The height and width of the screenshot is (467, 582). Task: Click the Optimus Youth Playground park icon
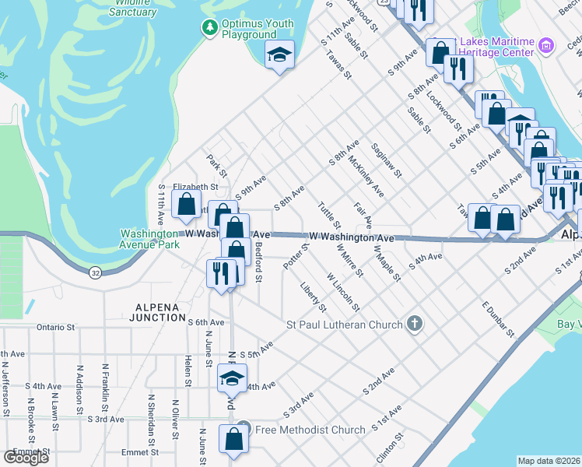tap(209, 28)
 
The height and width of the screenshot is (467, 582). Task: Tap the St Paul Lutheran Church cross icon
tap(415, 324)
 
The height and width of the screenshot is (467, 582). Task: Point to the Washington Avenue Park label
tap(149, 239)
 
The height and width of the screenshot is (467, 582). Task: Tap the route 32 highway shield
tap(95, 273)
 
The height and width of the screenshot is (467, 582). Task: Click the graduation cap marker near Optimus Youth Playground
tap(279, 54)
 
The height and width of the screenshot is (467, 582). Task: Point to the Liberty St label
tap(314, 297)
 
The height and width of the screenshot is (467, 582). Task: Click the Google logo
tap(26, 458)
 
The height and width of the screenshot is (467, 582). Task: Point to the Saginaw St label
tap(385, 160)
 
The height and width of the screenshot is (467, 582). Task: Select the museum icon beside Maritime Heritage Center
tap(546, 45)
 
